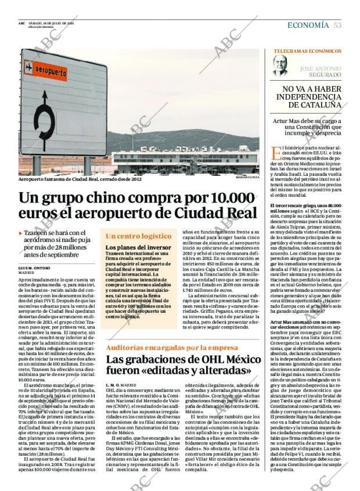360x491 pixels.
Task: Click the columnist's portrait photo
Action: [280, 65]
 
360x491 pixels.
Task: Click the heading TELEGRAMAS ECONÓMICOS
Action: [307, 51]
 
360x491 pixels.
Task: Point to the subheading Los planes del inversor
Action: [138, 247]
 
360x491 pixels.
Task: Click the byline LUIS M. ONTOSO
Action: [34, 268]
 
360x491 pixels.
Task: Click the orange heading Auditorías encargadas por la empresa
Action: [164, 348]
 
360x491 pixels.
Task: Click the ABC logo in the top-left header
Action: [21, 23]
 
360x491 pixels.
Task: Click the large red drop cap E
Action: [276, 154]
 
